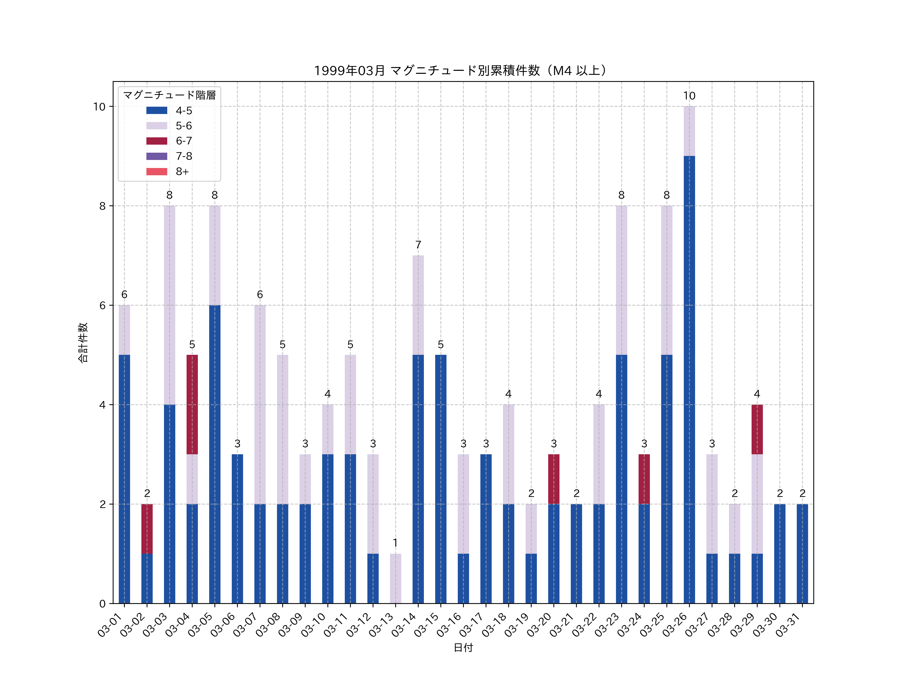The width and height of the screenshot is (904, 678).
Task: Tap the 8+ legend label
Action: pos(182,172)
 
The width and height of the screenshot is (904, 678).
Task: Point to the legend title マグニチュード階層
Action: pos(169,95)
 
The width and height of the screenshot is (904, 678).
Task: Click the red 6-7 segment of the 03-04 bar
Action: pos(192,404)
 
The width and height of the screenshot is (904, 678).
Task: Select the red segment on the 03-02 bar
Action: pos(147,529)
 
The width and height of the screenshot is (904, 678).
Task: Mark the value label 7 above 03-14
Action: pos(418,245)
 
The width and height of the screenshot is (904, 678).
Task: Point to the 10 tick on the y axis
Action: pos(99,107)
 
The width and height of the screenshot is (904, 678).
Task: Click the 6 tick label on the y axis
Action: pos(102,306)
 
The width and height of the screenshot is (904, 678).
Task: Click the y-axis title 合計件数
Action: pos(83,343)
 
